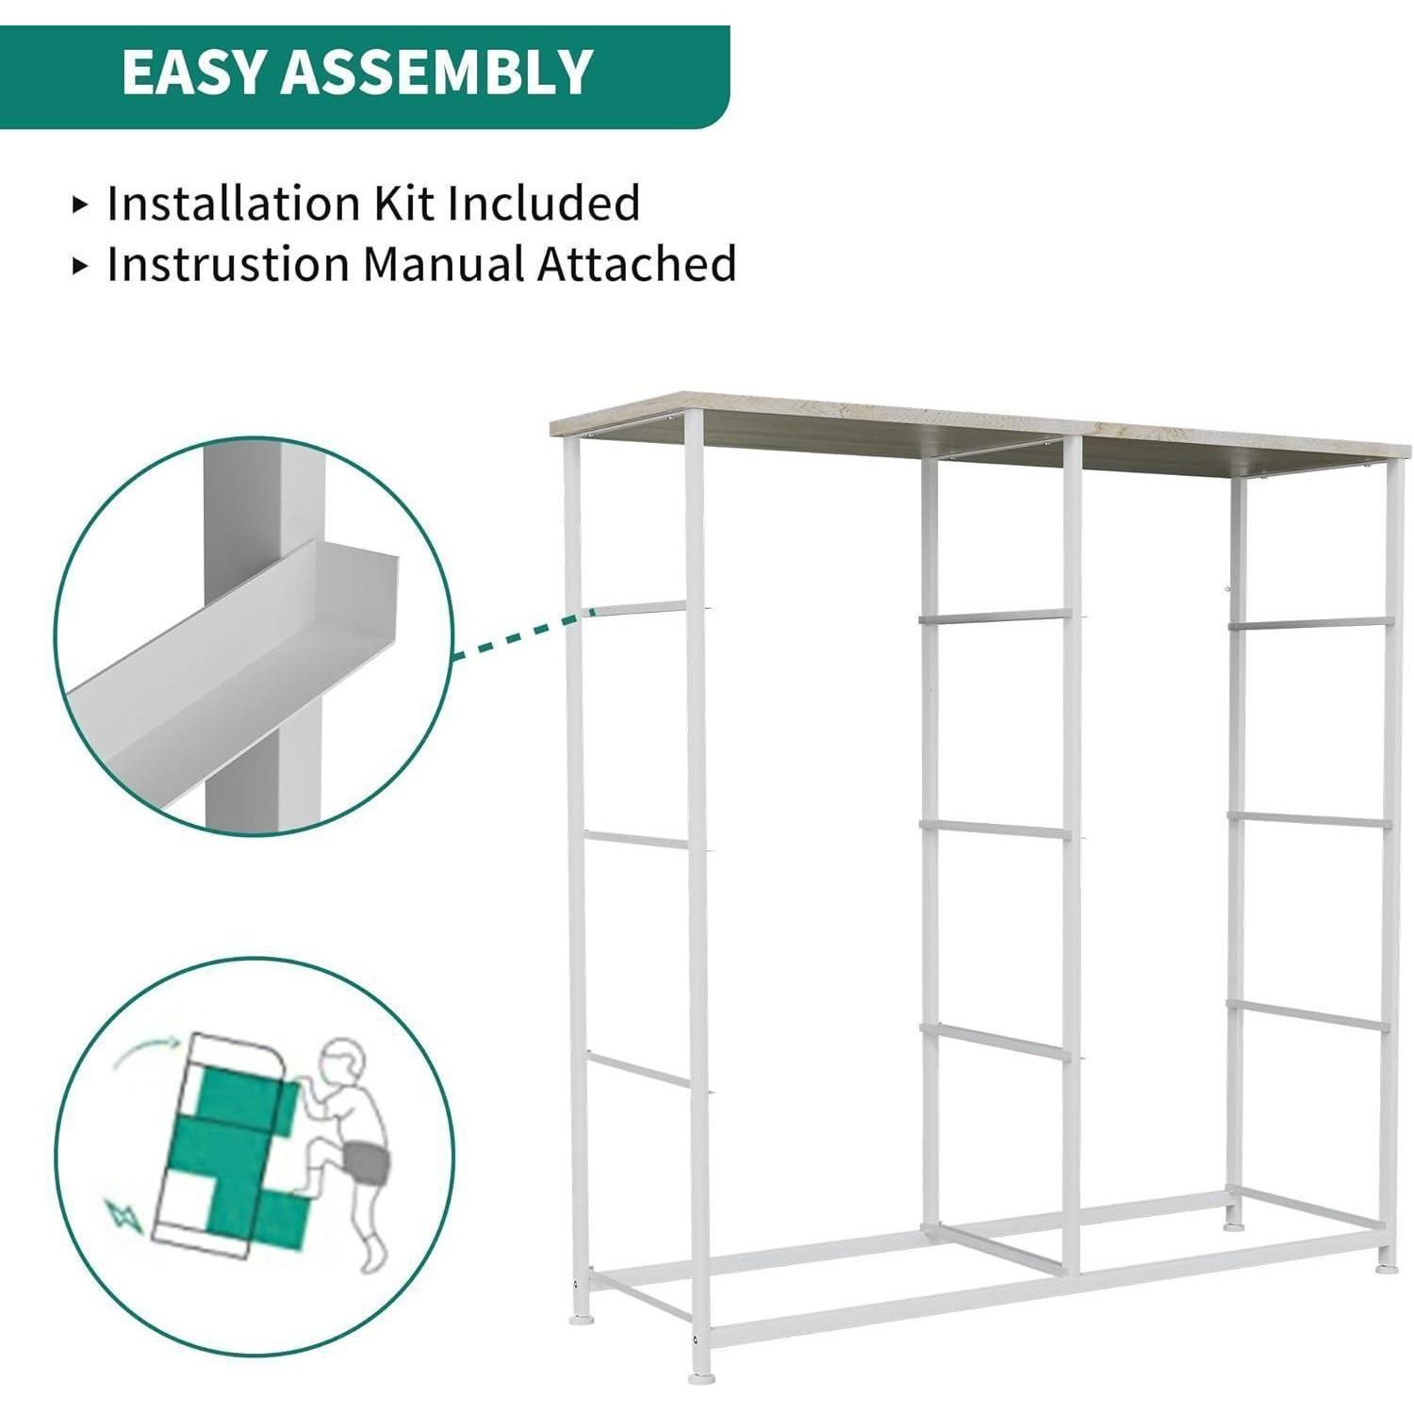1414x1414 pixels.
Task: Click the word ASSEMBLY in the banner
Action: [436, 72]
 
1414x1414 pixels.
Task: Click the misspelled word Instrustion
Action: [229, 264]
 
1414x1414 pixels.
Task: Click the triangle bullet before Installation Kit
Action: [80, 205]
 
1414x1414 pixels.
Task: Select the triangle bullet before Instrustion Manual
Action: [80, 266]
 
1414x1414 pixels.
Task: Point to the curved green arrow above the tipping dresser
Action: [146, 1049]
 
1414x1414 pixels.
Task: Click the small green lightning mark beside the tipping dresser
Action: [123, 1217]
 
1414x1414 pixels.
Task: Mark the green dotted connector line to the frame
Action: [523, 633]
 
